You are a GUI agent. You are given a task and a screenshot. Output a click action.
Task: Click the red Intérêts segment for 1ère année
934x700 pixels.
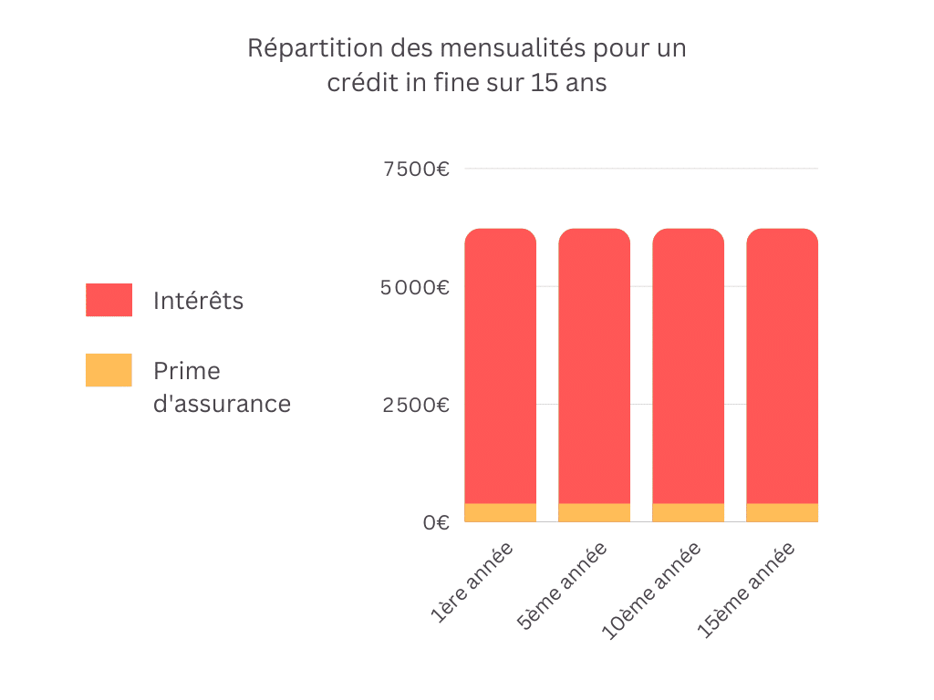(x=500, y=365)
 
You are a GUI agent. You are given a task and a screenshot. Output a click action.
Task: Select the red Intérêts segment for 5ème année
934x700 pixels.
(x=594, y=365)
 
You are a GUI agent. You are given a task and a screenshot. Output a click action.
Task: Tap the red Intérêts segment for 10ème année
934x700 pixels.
(x=688, y=365)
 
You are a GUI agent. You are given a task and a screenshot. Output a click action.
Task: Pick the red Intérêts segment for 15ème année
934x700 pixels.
(x=782, y=365)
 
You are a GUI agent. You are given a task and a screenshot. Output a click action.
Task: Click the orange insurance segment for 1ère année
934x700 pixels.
(x=500, y=512)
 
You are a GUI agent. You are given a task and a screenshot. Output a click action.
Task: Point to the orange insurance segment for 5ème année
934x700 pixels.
(x=594, y=512)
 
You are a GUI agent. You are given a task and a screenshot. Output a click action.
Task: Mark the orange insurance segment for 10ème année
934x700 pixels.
(x=688, y=512)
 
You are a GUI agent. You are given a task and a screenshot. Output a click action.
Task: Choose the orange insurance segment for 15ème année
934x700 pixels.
(x=782, y=512)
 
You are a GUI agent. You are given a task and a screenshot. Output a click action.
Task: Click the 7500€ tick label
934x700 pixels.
(x=416, y=169)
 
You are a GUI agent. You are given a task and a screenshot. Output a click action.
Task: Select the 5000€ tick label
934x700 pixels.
(x=415, y=287)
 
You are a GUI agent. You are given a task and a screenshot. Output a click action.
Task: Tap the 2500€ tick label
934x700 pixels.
(x=416, y=405)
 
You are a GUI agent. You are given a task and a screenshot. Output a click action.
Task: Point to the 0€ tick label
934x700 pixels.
(x=436, y=522)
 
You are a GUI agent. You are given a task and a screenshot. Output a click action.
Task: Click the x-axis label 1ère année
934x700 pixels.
(x=472, y=582)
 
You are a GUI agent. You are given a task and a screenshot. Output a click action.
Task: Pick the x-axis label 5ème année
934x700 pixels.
(x=562, y=586)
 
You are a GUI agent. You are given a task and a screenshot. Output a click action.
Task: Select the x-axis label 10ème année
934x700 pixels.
(x=651, y=591)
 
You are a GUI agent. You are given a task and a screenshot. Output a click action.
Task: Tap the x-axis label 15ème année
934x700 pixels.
(x=746, y=591)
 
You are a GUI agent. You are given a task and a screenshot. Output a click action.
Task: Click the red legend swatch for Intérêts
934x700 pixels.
(x=109, y=300)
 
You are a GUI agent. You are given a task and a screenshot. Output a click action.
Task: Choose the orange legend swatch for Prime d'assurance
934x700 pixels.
(x=109, y=370)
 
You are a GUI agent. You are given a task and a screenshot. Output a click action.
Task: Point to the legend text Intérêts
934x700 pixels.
(x=199, y=300)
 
